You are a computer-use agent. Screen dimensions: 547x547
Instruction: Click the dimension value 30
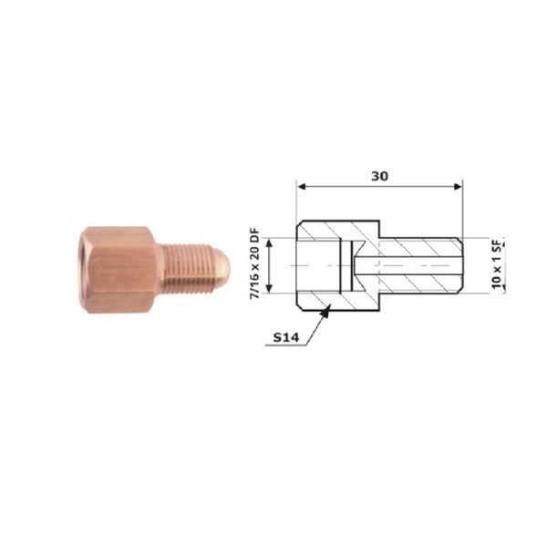[379, 176]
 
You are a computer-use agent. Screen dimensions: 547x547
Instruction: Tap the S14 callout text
[285, 337]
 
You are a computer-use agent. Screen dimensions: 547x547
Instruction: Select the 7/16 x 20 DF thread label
[255, 263]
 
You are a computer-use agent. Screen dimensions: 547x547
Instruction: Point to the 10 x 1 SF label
[497, 263]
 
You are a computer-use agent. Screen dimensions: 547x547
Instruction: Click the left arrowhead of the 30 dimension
[302, 187]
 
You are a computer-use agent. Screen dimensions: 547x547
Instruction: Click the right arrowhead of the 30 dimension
[458, 187]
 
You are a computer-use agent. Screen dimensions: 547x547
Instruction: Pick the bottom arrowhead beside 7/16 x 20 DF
[269, 288]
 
